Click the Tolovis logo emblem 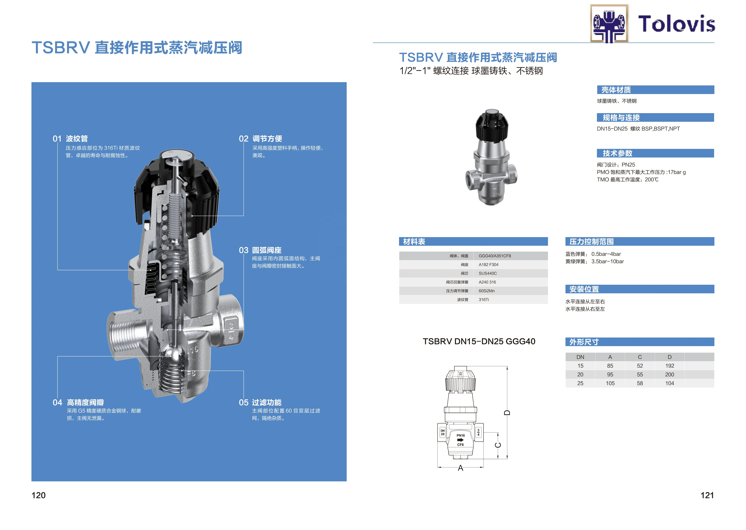click(x=609, y=23)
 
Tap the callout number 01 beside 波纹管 click(x=57, y=139)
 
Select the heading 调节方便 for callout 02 click(x=267, y=139)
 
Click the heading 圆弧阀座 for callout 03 click(x=267, y=250)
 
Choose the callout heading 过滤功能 click(x=267, y=402)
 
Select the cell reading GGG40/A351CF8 click(x=495, y=256)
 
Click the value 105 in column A click(x=610, y=383)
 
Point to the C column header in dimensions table click(x=640, y=357)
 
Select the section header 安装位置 click(x=584, y=289)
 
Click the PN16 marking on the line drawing click(x=460, y=435)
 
